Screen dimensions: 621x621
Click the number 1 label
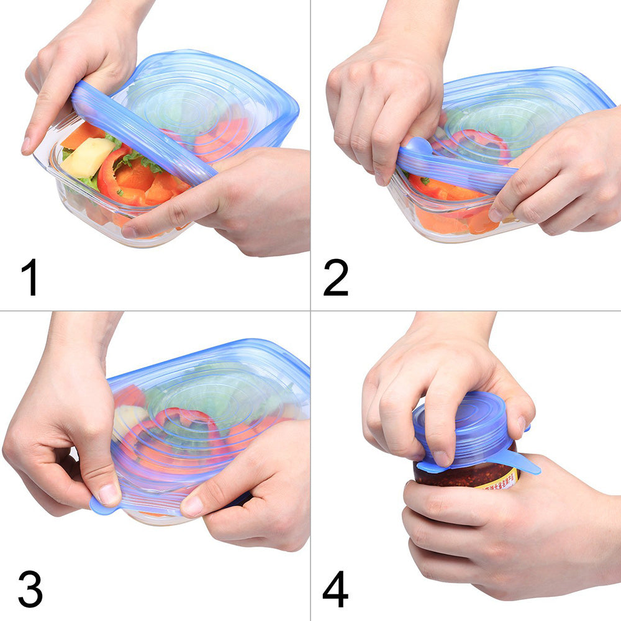pos(29,278)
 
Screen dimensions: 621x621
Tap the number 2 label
pos(336,278)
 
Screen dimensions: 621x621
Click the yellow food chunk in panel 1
pos(87,157)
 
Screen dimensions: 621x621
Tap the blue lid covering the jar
pos(472,422)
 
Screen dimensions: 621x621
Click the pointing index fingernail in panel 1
pos(25,146)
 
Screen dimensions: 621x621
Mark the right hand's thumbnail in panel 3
pos(191,506)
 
